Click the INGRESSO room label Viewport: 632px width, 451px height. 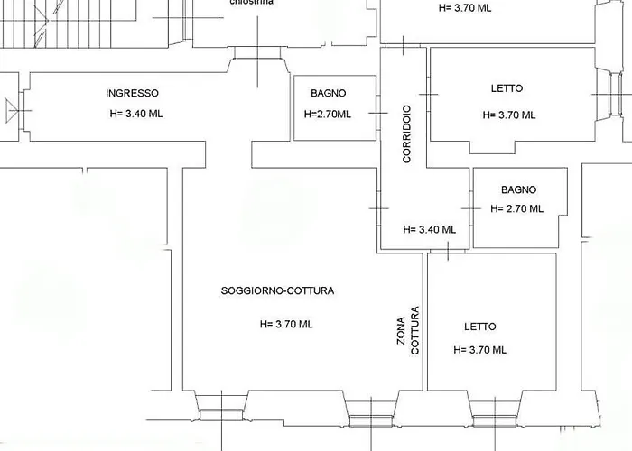tap(132, 93)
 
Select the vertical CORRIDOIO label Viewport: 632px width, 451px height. tap(407, 134)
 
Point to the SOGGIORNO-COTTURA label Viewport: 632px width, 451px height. tap(277, 290)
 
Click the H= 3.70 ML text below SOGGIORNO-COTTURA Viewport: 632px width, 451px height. tap(286, 324)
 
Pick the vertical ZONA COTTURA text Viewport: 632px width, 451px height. tap(408, 329)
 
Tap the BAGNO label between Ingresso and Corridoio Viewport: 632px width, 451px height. tap(328, 93)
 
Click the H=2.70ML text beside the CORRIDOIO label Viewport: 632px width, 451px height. tap(328, 115)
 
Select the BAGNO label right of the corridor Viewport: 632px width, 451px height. tap(518, 189)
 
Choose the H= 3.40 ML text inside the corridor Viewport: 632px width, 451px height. tap(429, 229)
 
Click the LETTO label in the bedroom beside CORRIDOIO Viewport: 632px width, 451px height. tap(507, 88)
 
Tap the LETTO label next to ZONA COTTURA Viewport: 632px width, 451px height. tap(480, 327)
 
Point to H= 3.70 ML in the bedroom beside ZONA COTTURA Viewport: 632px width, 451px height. tap(480, 350)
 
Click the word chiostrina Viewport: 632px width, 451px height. tap(252, 4)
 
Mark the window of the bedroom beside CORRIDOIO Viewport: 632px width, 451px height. tap(617, 95)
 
